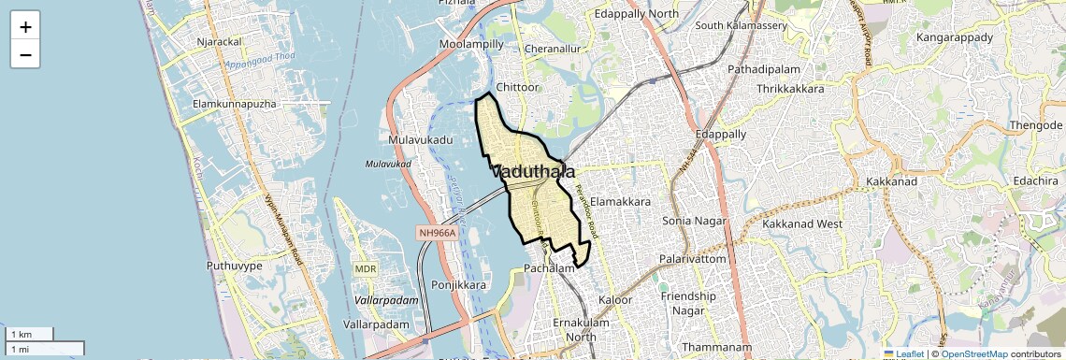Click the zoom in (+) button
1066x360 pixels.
25,27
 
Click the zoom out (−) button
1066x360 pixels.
25,55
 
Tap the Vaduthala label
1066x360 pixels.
533,172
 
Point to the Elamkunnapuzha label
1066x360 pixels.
234,104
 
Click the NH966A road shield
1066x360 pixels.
438,232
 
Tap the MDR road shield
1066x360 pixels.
365,269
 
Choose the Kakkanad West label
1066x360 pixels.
802,224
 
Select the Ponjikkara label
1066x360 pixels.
459,284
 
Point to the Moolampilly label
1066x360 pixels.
472,44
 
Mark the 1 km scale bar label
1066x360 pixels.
21,335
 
